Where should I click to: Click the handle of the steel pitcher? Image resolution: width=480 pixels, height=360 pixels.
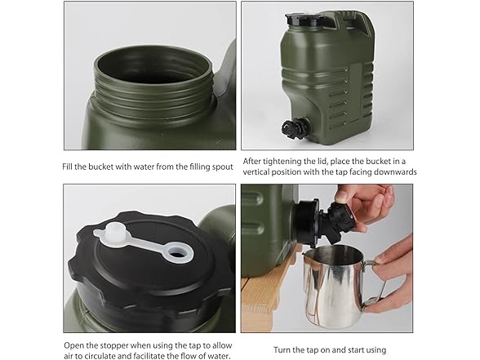tap(374, 282)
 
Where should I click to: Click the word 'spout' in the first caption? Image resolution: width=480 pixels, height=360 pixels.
tap(220, 167)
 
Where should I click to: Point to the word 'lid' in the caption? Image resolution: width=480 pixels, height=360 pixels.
tap(340, 162)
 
